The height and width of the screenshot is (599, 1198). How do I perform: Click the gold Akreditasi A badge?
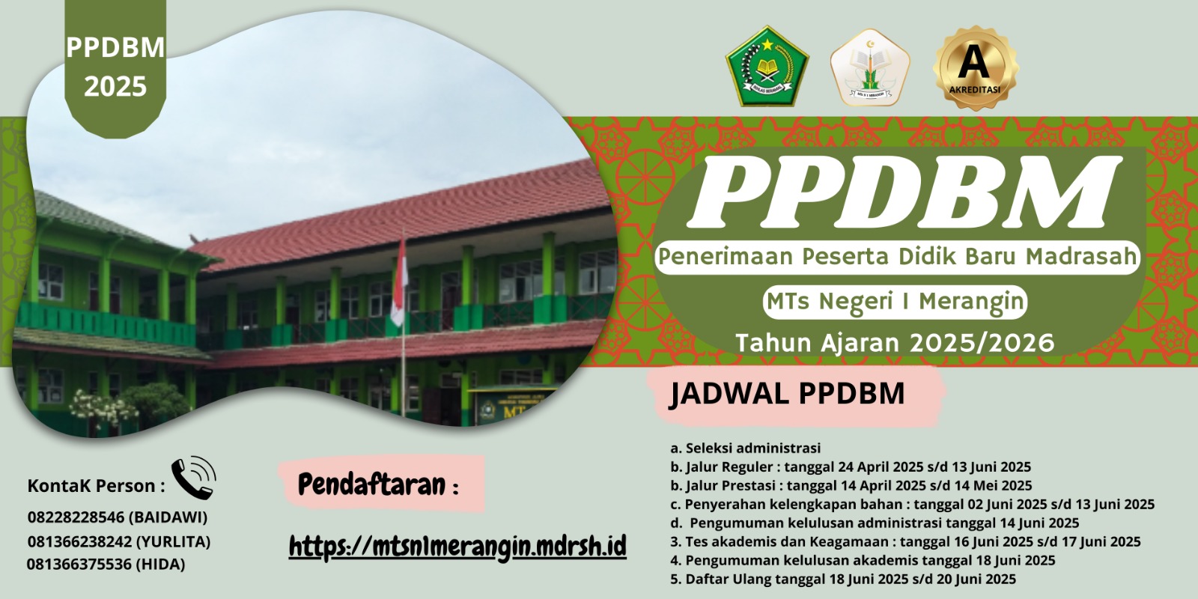[x=975, y=67]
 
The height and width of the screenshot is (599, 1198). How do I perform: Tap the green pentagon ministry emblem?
[x=767, y=67]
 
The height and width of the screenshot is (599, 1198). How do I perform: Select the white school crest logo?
[x=869, y=67]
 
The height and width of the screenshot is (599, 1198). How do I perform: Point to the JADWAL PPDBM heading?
[x=787, y=394]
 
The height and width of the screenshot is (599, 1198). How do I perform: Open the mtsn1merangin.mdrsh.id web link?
[x=457, y=547]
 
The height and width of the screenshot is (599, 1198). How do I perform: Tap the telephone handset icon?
[x=193, y=477]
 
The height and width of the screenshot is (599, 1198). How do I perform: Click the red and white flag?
[x=399, y=283]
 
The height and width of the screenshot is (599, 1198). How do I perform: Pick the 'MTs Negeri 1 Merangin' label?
[x=895, y=302]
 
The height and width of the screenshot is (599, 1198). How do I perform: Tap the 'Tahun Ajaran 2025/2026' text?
[x=895, y=343]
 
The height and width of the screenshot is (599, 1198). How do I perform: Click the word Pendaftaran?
[x=371, y=485]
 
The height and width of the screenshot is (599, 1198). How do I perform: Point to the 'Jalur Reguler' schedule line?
[x=851, y=467]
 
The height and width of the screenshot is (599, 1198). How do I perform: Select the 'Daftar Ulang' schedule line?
[x=843, y=579]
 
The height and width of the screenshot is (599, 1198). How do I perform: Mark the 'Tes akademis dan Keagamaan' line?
[x=905, y=541]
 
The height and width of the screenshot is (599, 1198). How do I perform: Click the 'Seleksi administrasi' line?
[x=746, y=449]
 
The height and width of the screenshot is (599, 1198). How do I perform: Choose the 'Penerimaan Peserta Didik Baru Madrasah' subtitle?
[x=897, y=257]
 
